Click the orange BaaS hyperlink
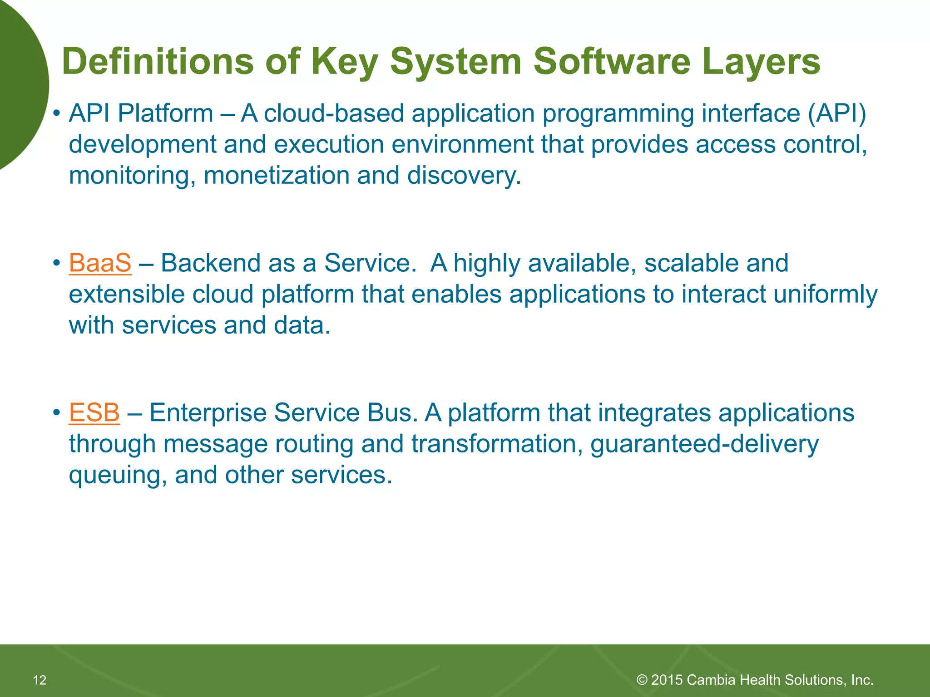(100, 263)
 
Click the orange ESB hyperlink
(94, 413)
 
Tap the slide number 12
(40, 680)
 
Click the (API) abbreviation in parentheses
(836, 113)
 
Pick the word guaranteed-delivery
(704, 444)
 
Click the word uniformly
(825, 294)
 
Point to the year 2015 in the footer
(667, 680)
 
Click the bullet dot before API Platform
(56, 114)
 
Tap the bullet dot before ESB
(56, 413)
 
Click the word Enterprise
(209, 413)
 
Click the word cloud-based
(334, 113)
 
